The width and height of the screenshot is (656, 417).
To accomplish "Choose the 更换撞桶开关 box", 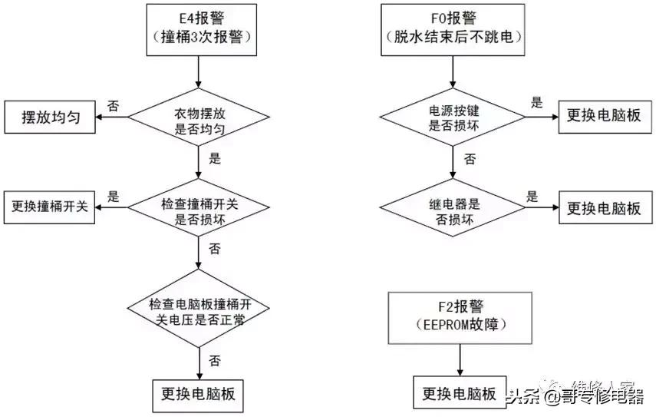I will coord(50,207).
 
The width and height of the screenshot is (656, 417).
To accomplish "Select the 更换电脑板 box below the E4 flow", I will coord(198,395).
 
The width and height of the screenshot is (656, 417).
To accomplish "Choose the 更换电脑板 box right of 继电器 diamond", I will coord(604,208).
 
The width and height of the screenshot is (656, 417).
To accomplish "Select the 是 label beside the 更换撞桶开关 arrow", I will coord(113,196).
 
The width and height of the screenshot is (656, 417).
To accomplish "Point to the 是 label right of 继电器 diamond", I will coord(532,196).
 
